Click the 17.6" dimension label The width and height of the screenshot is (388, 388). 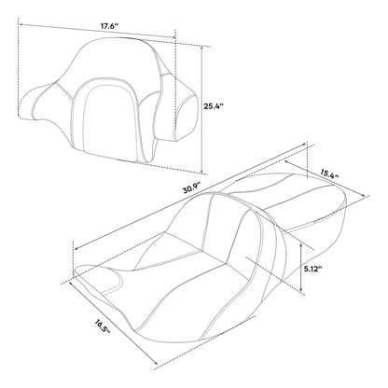click(109, 26)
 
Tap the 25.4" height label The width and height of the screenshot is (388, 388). click(214, 106)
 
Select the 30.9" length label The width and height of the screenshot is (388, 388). click(192, 188)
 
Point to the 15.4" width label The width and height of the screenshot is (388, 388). click(329, 173)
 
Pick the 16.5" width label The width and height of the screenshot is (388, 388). click(103, 326)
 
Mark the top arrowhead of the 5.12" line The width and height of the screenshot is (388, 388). click(300, 244)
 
